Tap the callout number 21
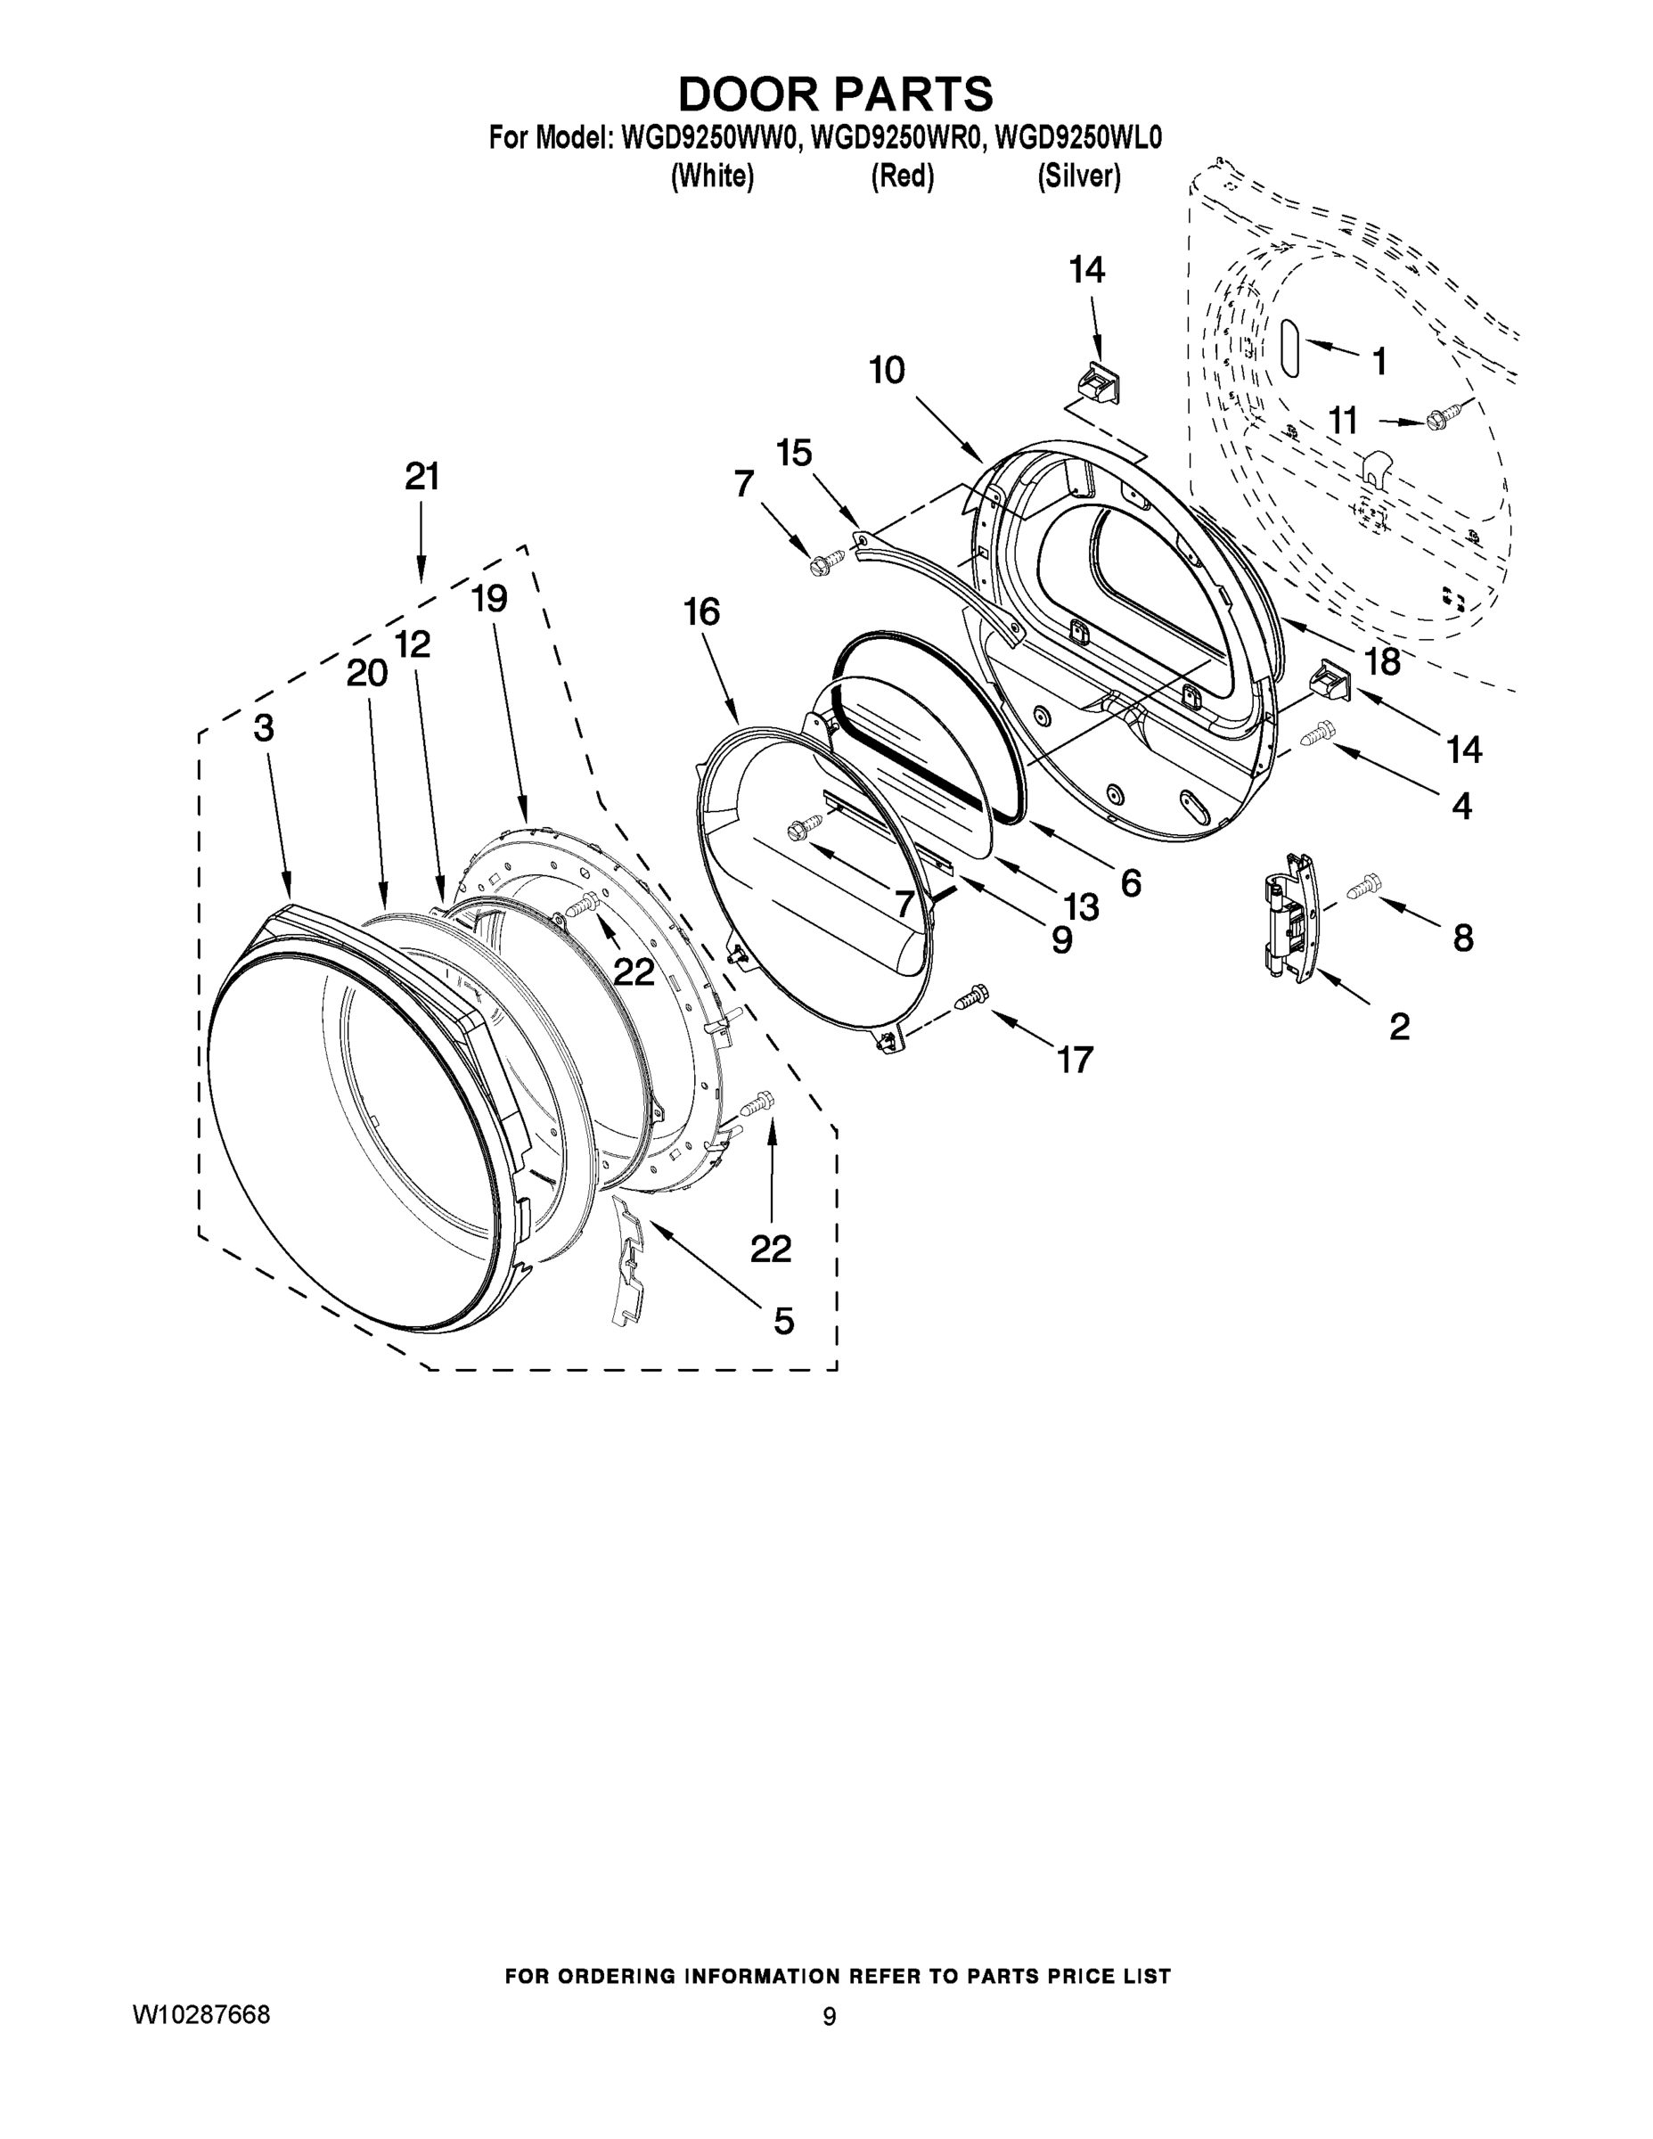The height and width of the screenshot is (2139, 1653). tap(422, 477)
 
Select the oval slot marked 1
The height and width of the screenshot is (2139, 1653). tap(1289, 348)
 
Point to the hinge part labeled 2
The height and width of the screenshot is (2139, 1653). tap(1289, 915)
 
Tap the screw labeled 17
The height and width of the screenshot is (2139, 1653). tap(971, 997)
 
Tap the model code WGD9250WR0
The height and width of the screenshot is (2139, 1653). tap(896, 138)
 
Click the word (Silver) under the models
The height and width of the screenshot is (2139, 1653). tap(1078, 177)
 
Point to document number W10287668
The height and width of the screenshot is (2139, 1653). tap(200, 2014)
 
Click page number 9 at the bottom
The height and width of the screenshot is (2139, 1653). tap(829, 2017)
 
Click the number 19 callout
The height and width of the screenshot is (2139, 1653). tap(489, 597)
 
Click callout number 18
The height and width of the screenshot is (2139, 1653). tap(1383, 662)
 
